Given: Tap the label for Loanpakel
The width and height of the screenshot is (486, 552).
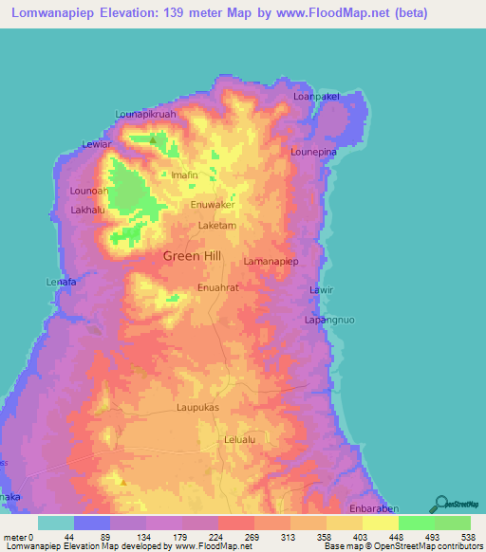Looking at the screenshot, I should pyautogui.click(x=315, y=96).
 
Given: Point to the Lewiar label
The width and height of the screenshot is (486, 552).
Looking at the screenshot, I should pyautogui.click(x=98, y=144).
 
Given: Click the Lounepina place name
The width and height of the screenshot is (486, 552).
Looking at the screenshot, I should pyautogui.click(x=314, y=151).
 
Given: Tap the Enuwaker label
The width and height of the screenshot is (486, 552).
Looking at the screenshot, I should pyautogui.click(x=213, y=204).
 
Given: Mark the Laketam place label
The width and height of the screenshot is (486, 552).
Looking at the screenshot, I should pyautogui.click(x=216, y=227).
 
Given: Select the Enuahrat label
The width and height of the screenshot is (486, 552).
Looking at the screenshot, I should pyautogui.click(x=217, y=285).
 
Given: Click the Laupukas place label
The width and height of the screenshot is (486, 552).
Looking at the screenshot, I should pyautogui.click(x=197, y=407).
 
